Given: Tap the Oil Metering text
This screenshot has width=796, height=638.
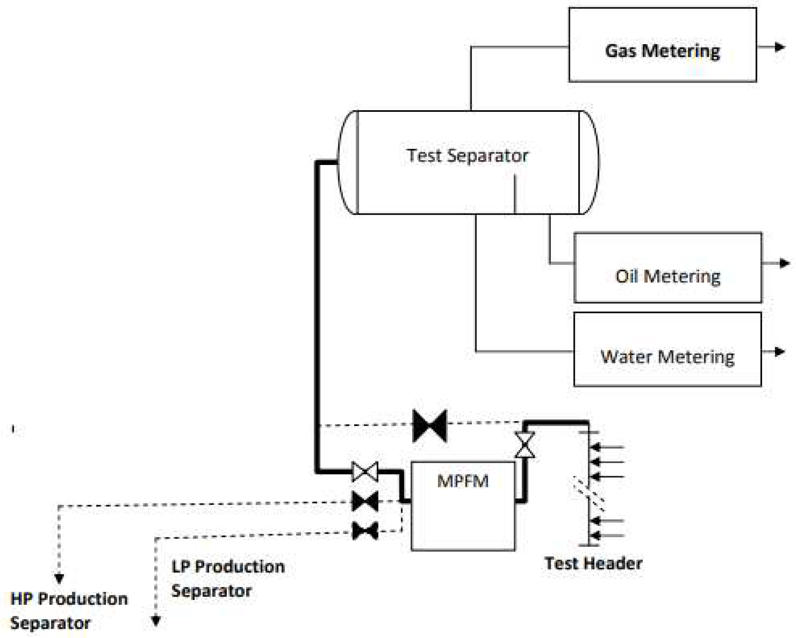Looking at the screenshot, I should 668,277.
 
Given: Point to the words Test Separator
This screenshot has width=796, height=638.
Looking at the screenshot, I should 467,156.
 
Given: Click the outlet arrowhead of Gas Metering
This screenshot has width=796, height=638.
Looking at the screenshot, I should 779,47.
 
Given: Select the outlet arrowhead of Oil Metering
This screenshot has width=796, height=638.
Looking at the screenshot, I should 784,263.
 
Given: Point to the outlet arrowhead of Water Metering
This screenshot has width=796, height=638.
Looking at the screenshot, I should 779,352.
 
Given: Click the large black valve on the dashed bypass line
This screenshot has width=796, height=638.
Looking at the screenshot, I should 430,426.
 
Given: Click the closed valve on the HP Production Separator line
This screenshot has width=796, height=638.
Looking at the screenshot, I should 365,501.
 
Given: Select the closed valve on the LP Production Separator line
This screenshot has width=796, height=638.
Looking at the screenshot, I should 365,531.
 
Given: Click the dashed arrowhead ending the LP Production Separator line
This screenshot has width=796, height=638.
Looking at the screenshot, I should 156,621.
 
